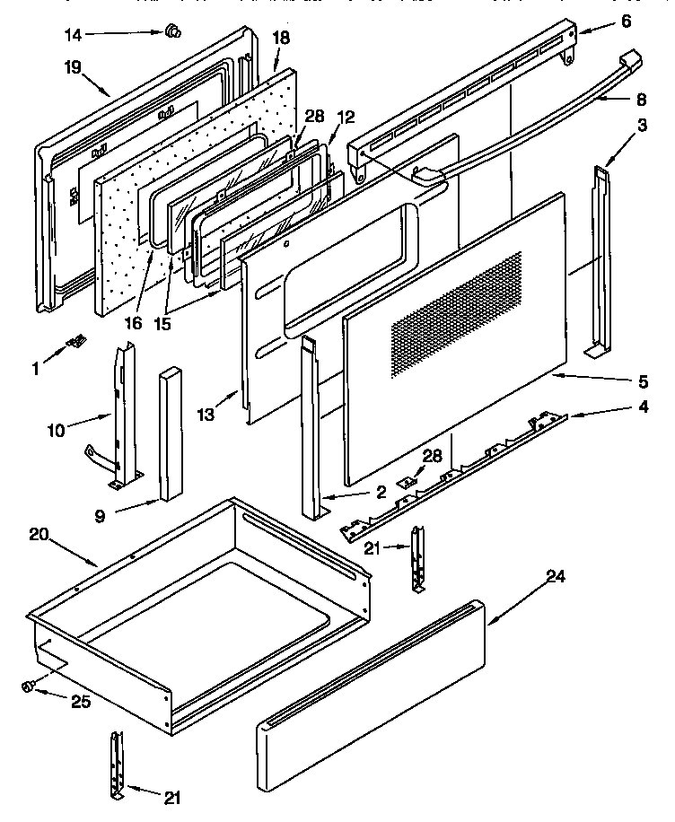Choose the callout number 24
tap(556, 577)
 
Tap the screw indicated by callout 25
tap(28, 686)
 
